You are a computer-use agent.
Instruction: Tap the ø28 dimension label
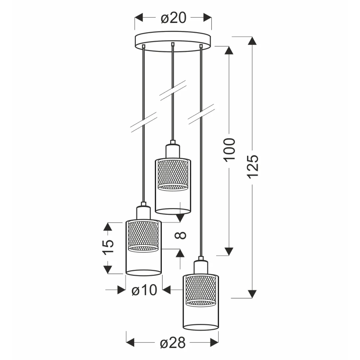[x=172, y=343]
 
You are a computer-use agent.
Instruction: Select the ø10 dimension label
[x=144, y=290]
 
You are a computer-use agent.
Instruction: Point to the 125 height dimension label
[x=253, y=166]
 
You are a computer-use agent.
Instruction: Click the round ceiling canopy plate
[x=173, y=41]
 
